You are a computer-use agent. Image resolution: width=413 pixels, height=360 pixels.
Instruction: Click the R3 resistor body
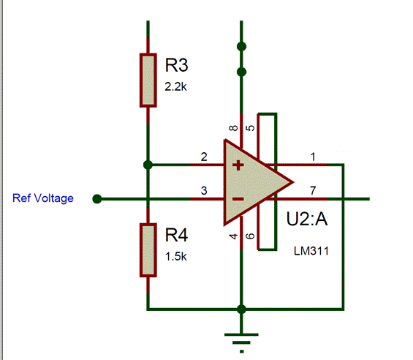pos(148,80)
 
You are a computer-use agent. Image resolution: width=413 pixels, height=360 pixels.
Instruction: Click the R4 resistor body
pos(148,250)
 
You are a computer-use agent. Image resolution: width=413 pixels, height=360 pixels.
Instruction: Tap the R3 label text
pos(176,65)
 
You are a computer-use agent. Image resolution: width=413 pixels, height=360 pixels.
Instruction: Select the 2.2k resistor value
pos(175,86)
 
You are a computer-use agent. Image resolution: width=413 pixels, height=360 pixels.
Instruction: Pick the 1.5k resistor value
pos(175,256)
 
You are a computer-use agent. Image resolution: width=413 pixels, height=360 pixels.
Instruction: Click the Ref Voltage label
pos(43,198)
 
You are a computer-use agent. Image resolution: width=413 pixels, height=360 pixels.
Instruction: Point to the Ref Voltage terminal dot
pos(97,199)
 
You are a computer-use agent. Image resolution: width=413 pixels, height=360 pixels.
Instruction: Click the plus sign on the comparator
pos(238,165)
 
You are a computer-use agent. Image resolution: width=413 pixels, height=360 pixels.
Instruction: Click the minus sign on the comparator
pos(238,199)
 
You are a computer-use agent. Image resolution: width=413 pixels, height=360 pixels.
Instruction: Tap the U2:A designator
pos(307,219)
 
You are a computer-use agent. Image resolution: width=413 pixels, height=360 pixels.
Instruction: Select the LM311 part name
pos(311,251)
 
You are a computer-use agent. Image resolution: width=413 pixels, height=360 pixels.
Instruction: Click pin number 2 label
pos(204,157)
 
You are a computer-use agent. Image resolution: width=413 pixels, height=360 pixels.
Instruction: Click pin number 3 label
pos(204,190)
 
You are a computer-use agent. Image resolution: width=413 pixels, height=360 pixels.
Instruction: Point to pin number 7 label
pos(313,190)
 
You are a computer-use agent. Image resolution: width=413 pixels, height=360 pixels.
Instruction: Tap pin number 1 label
pos(313,157)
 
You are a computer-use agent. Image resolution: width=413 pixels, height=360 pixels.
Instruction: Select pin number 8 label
pos(234,128)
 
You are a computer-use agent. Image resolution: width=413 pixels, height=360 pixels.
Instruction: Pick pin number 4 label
pos(234,236)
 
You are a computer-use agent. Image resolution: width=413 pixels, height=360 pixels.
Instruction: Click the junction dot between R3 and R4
pos(148,165)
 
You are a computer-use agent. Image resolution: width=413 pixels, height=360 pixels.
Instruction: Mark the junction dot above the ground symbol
pos(241,309)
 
